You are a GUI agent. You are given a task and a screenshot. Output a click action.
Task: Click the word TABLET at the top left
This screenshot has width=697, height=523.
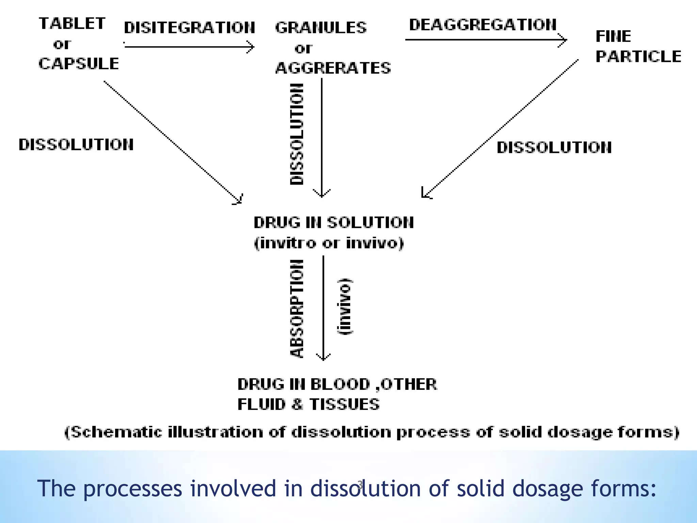point(72,23)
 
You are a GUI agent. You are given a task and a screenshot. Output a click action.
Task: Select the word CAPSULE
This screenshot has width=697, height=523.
point(79,64)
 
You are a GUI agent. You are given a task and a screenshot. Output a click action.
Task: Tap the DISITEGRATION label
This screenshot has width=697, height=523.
point(189,28)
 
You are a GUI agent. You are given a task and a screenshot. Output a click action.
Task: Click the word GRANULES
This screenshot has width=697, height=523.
point(321,28)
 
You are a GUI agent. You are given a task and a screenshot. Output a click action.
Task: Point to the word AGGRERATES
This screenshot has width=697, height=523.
point(333,68)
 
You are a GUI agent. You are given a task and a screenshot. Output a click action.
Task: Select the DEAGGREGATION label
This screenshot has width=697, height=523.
point(483,25)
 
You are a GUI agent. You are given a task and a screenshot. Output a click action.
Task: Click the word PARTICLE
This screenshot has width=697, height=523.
point(638,57)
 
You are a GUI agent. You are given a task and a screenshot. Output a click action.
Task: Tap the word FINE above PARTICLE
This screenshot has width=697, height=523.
point(613,36)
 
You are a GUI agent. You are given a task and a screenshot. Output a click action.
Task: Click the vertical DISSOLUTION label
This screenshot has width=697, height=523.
point(297,134)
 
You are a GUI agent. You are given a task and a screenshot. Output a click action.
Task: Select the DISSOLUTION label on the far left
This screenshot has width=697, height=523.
point(76,145)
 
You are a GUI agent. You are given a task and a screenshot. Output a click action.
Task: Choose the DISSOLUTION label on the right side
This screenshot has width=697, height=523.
point(554,148)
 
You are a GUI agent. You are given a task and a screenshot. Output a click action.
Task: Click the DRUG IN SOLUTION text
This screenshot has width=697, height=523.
point(334,223)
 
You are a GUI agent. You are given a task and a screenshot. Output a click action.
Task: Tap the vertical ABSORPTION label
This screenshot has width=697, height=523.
point(297,308)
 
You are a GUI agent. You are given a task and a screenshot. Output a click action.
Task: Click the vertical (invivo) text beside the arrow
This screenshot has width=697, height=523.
point(345,306)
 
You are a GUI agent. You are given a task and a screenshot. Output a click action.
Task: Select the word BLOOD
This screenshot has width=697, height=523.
point(340,384)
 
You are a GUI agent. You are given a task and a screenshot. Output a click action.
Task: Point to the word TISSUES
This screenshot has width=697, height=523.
point(344,405)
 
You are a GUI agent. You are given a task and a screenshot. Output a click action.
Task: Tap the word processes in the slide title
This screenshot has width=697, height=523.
point(133,489)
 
